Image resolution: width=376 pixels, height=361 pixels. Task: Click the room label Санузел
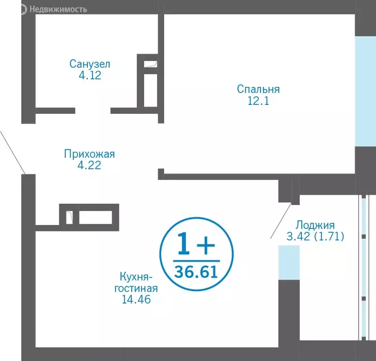(90, 63)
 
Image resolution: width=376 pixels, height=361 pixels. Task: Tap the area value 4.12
(90, 75)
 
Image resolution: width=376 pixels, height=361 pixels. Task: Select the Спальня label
(258, 89)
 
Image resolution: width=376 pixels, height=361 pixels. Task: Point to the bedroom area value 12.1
(258, 101)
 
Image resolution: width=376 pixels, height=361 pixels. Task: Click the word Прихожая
(89, 154)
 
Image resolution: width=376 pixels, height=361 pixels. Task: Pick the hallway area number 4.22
(89, 165)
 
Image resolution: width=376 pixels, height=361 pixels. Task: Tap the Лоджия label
(315, 225)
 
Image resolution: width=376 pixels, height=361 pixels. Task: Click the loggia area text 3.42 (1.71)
(315, 236)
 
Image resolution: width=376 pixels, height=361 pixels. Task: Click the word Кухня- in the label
(136, 276)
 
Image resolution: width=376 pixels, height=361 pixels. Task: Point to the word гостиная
(136, 288)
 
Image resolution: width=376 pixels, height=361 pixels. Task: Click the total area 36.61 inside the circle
(196, 271)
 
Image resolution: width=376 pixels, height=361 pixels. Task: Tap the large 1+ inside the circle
(196, 244)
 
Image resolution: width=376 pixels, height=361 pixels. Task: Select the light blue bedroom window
(365, 91)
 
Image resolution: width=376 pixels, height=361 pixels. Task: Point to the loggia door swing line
(282, 221)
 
